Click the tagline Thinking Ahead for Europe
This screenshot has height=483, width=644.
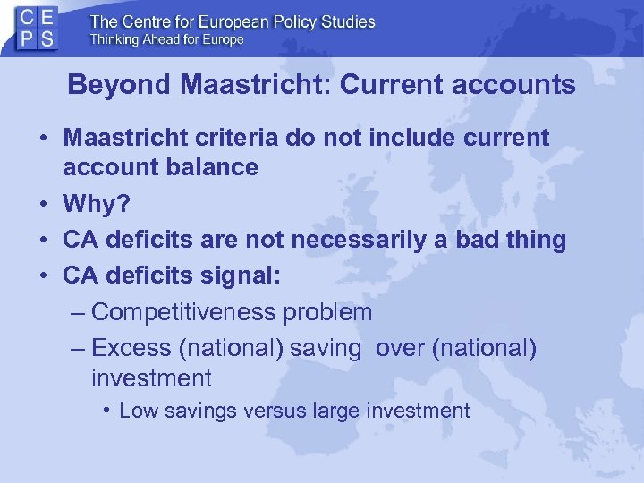[x=166, y=39]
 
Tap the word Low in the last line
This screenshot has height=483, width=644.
[x=136, y=411]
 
